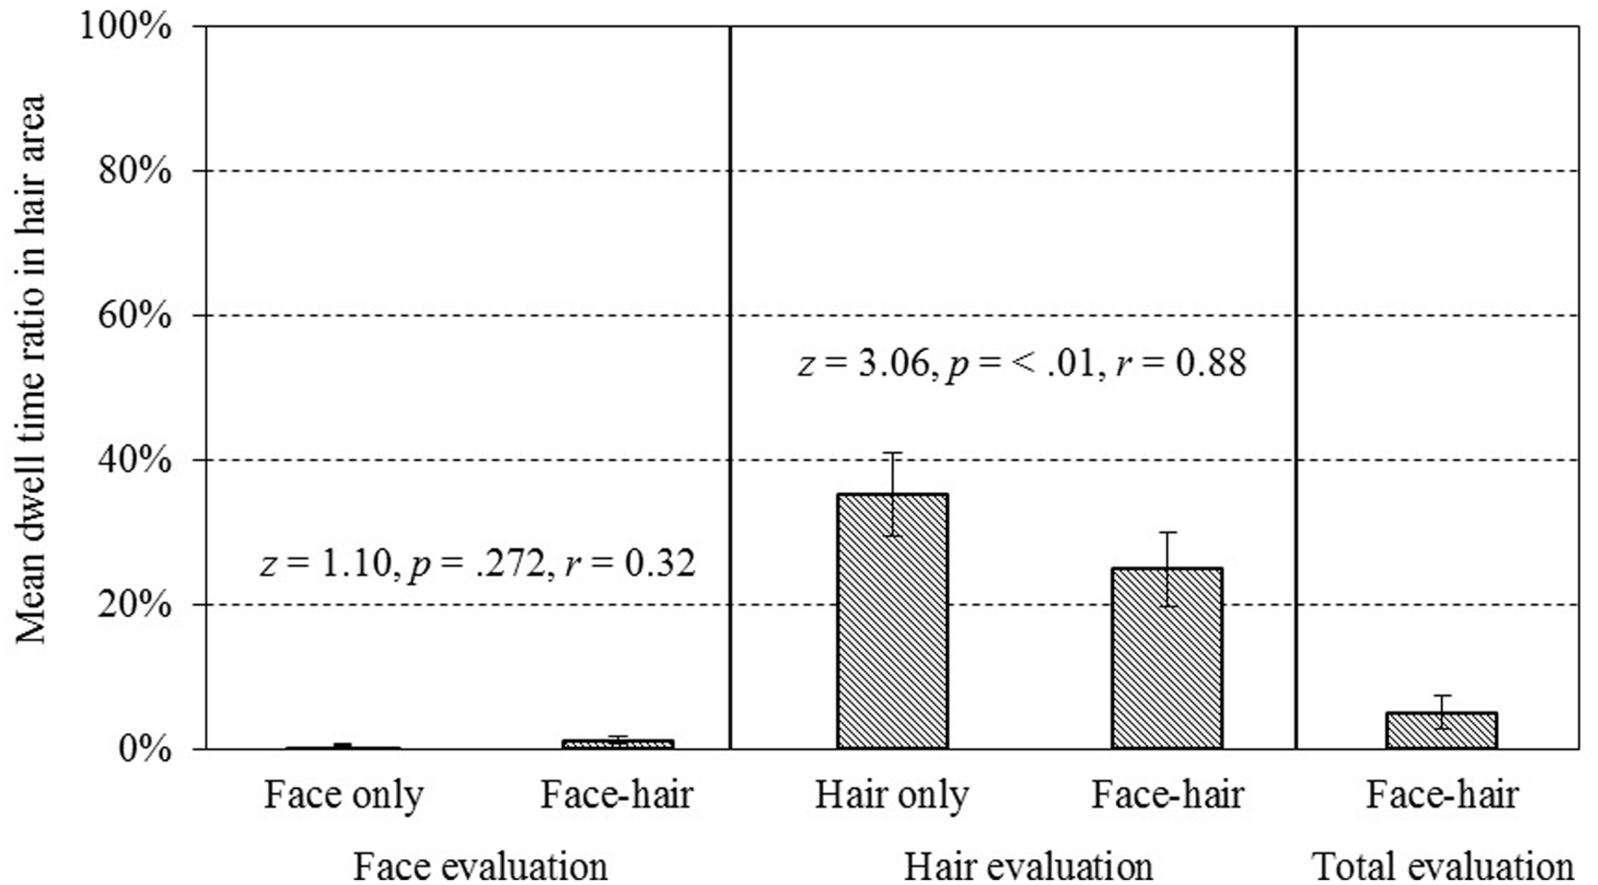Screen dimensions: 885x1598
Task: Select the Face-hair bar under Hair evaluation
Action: coord(1167,658)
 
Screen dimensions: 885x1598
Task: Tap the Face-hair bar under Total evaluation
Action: coord(1442,730)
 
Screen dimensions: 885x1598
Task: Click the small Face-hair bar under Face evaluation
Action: coord(617,744)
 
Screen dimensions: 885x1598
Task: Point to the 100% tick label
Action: coord(125,27)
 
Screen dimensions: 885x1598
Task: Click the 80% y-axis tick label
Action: coord(134,171)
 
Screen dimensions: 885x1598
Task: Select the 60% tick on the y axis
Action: coord(134,316)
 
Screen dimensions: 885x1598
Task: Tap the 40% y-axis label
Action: coord(134,460)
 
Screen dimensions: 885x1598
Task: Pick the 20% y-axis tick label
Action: coord(134,604)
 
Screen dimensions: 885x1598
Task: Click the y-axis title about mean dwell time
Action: coord(31,369)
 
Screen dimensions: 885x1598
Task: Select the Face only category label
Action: coord(344,796)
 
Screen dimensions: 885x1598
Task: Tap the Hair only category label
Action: coord(892,796)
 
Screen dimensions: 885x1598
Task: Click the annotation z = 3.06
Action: coord(1021,364)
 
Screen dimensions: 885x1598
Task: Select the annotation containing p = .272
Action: coord(477,564)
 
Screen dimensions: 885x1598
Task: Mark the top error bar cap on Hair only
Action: coord(892,453)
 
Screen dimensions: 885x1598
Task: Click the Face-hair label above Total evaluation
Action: coord(1442,796)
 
